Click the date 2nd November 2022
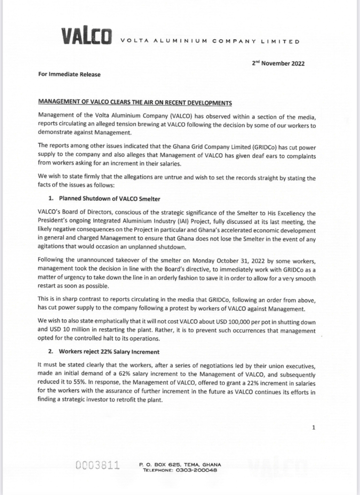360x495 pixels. pos(278,63)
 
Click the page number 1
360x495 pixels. pos(314,427)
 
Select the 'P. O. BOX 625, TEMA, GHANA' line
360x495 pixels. pos(180,464)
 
